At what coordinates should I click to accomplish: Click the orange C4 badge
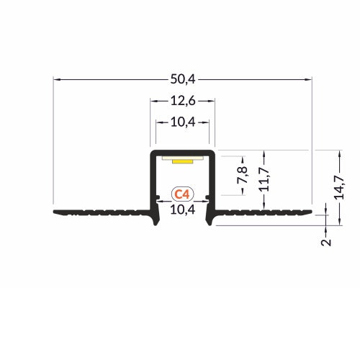click(x=183, y=194)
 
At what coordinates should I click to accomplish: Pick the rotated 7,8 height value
click(x=243, y=175)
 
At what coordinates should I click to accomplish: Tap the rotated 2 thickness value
click(x=325, y=241)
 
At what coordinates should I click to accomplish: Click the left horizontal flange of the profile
click(x=101, y=213)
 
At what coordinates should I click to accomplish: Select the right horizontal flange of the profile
click(x=263, y=213)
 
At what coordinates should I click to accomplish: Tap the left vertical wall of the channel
click(x=152, y=180)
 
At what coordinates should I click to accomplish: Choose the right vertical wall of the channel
click(x=214, y=180)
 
